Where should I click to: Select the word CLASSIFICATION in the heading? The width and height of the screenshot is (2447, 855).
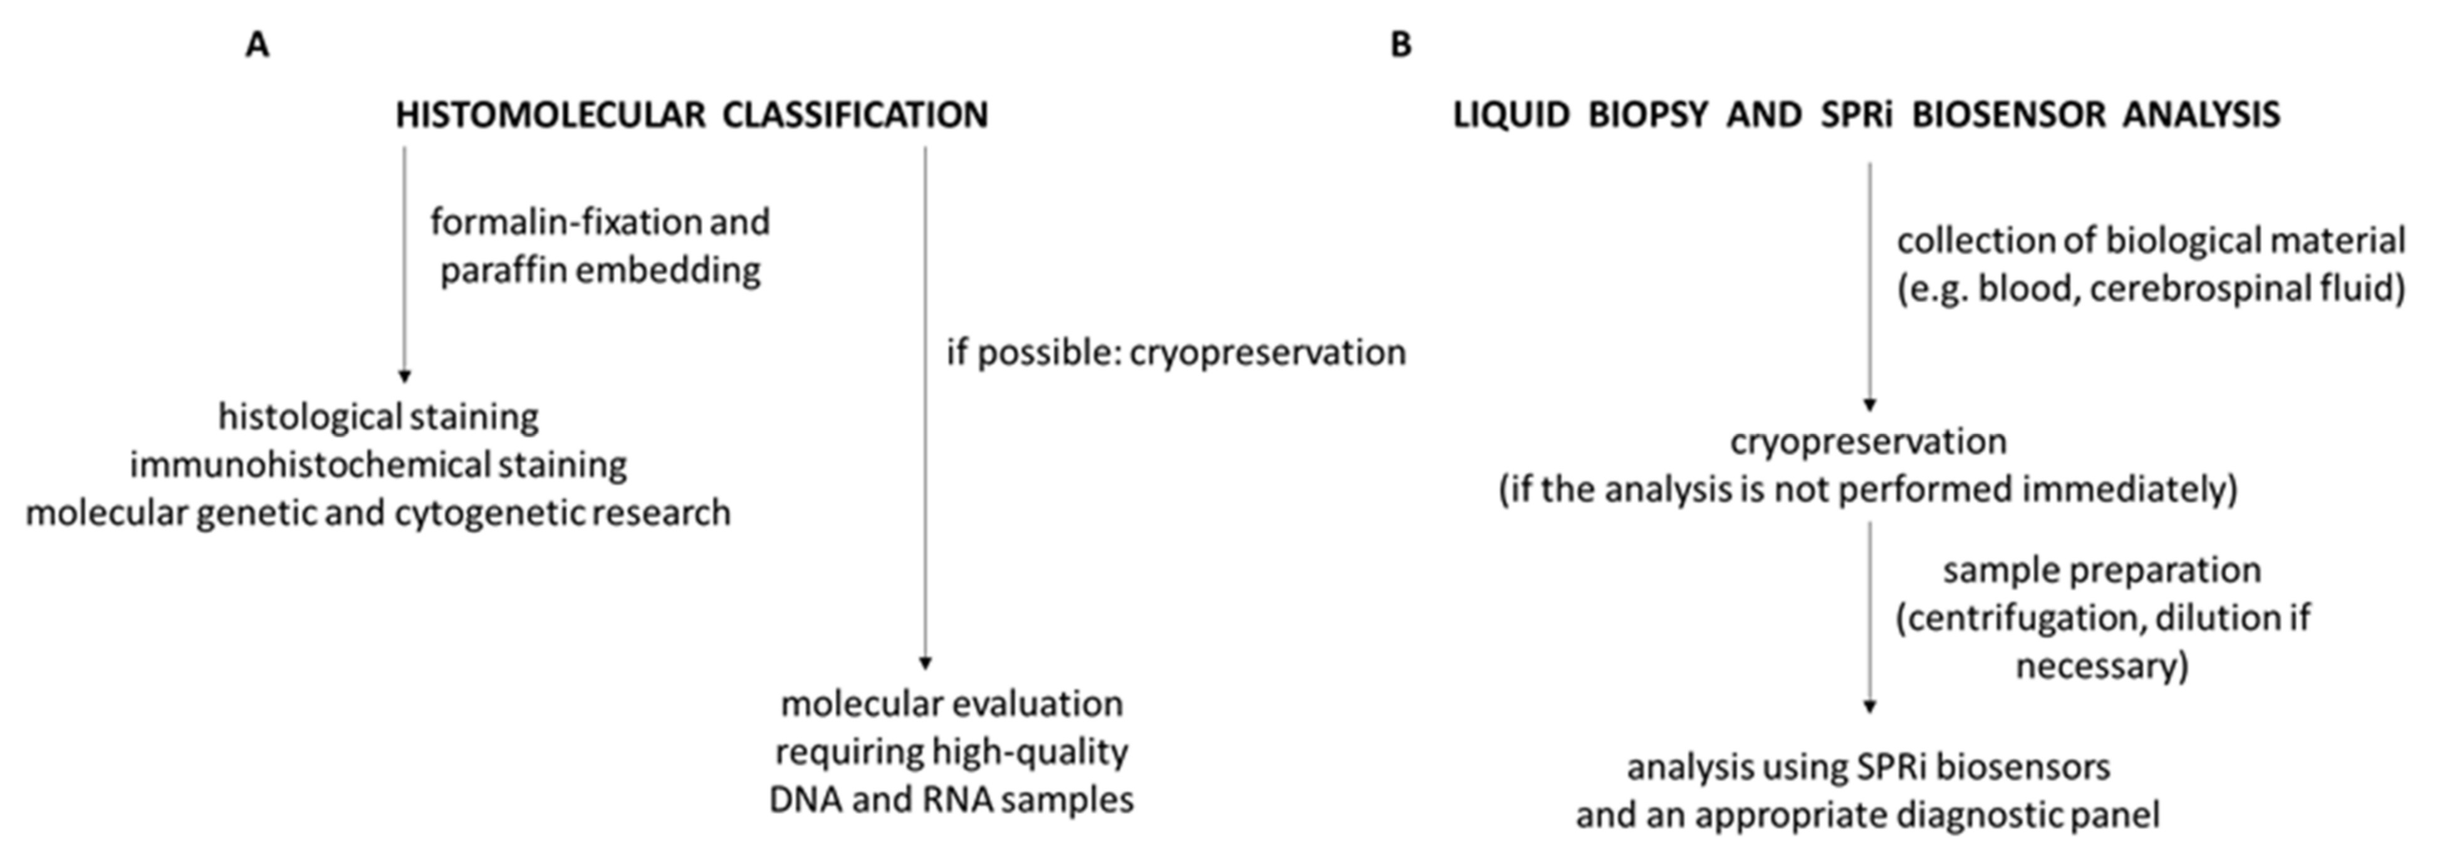point(855,115)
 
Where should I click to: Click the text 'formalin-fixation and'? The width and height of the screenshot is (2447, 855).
point(600,223)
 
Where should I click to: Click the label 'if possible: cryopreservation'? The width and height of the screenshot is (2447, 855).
point(1175,352)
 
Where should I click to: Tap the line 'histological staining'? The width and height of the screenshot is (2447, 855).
point(378,416)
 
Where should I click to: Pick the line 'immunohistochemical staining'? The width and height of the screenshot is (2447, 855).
point(378,464)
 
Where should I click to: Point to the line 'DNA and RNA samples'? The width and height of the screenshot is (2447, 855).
point(951,800)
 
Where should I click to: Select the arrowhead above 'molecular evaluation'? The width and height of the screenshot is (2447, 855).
point(926,663)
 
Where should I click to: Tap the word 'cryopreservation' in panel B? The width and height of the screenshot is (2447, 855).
point(1867,442)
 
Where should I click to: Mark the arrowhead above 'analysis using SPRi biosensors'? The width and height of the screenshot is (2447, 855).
point(1869,707)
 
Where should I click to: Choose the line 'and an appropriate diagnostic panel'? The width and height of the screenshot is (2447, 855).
point(1867,815)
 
